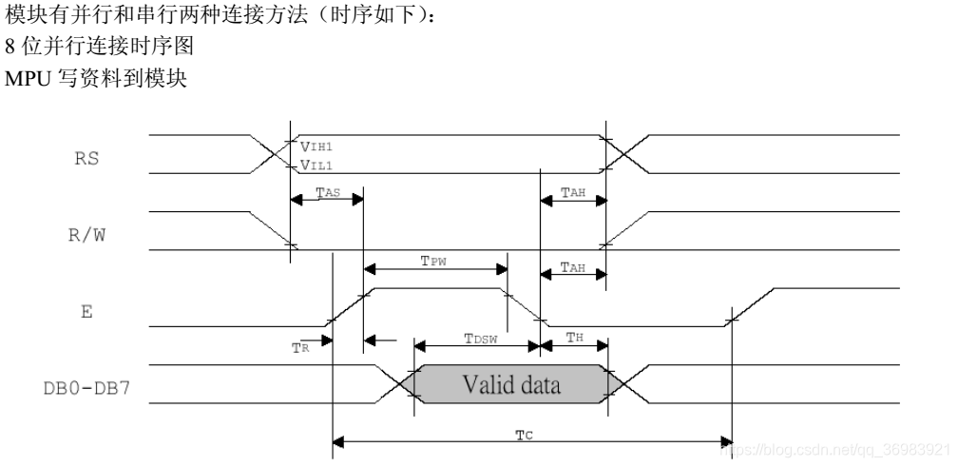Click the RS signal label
(x=86, y=159)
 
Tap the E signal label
(x=86, y=311)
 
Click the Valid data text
(x=511, y=385)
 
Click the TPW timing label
(x=435, y=259)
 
